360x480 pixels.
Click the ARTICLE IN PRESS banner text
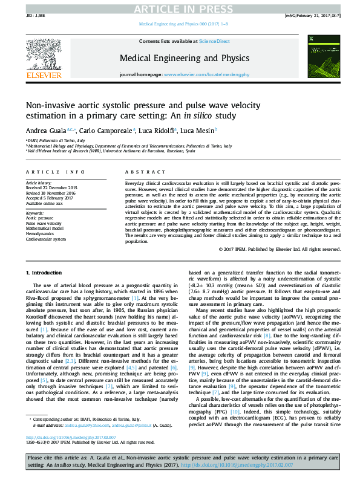(180, 8)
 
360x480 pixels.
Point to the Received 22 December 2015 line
(51, 188)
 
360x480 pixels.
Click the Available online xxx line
(45, 203)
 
